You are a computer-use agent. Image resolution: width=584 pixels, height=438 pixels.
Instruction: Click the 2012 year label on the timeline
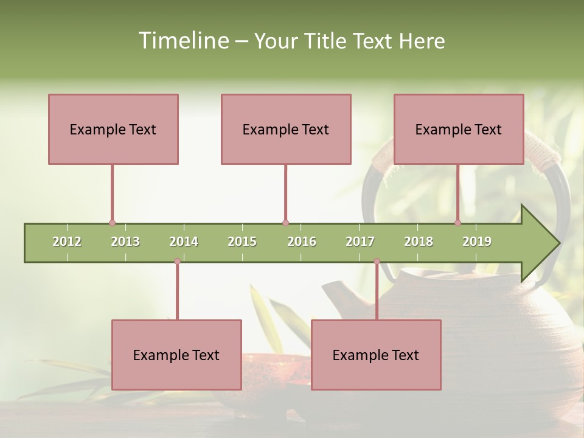67,242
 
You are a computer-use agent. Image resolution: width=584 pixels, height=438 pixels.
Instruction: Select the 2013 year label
125,242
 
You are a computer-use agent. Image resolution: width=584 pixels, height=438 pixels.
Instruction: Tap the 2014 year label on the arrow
184,242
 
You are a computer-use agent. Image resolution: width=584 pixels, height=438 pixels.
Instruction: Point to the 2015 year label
242,242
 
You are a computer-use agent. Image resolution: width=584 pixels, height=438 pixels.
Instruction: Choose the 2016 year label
302,242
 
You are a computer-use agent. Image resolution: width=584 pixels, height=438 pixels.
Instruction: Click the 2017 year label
360,242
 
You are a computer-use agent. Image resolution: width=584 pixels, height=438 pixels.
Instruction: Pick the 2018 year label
419,242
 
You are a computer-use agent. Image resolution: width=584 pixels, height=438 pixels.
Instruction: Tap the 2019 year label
477,242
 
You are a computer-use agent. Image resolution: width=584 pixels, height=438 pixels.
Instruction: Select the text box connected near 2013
113,129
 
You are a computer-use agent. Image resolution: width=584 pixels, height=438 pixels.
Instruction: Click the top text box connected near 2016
286,129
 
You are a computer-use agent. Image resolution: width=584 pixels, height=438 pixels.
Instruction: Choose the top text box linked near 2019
459,129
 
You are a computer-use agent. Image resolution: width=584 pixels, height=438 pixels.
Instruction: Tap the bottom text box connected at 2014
176,355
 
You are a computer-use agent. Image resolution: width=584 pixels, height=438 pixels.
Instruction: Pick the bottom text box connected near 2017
376,355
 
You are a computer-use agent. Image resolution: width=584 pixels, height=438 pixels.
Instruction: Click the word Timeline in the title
182,41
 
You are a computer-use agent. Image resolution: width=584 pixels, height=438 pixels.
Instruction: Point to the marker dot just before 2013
112,223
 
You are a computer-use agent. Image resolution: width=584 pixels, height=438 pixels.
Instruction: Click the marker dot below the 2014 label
177,262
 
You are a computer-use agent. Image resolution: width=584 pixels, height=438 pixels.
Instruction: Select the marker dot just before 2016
285,223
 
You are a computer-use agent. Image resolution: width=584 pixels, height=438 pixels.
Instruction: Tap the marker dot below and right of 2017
377,262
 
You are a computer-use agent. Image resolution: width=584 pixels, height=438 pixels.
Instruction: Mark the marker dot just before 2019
457,223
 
